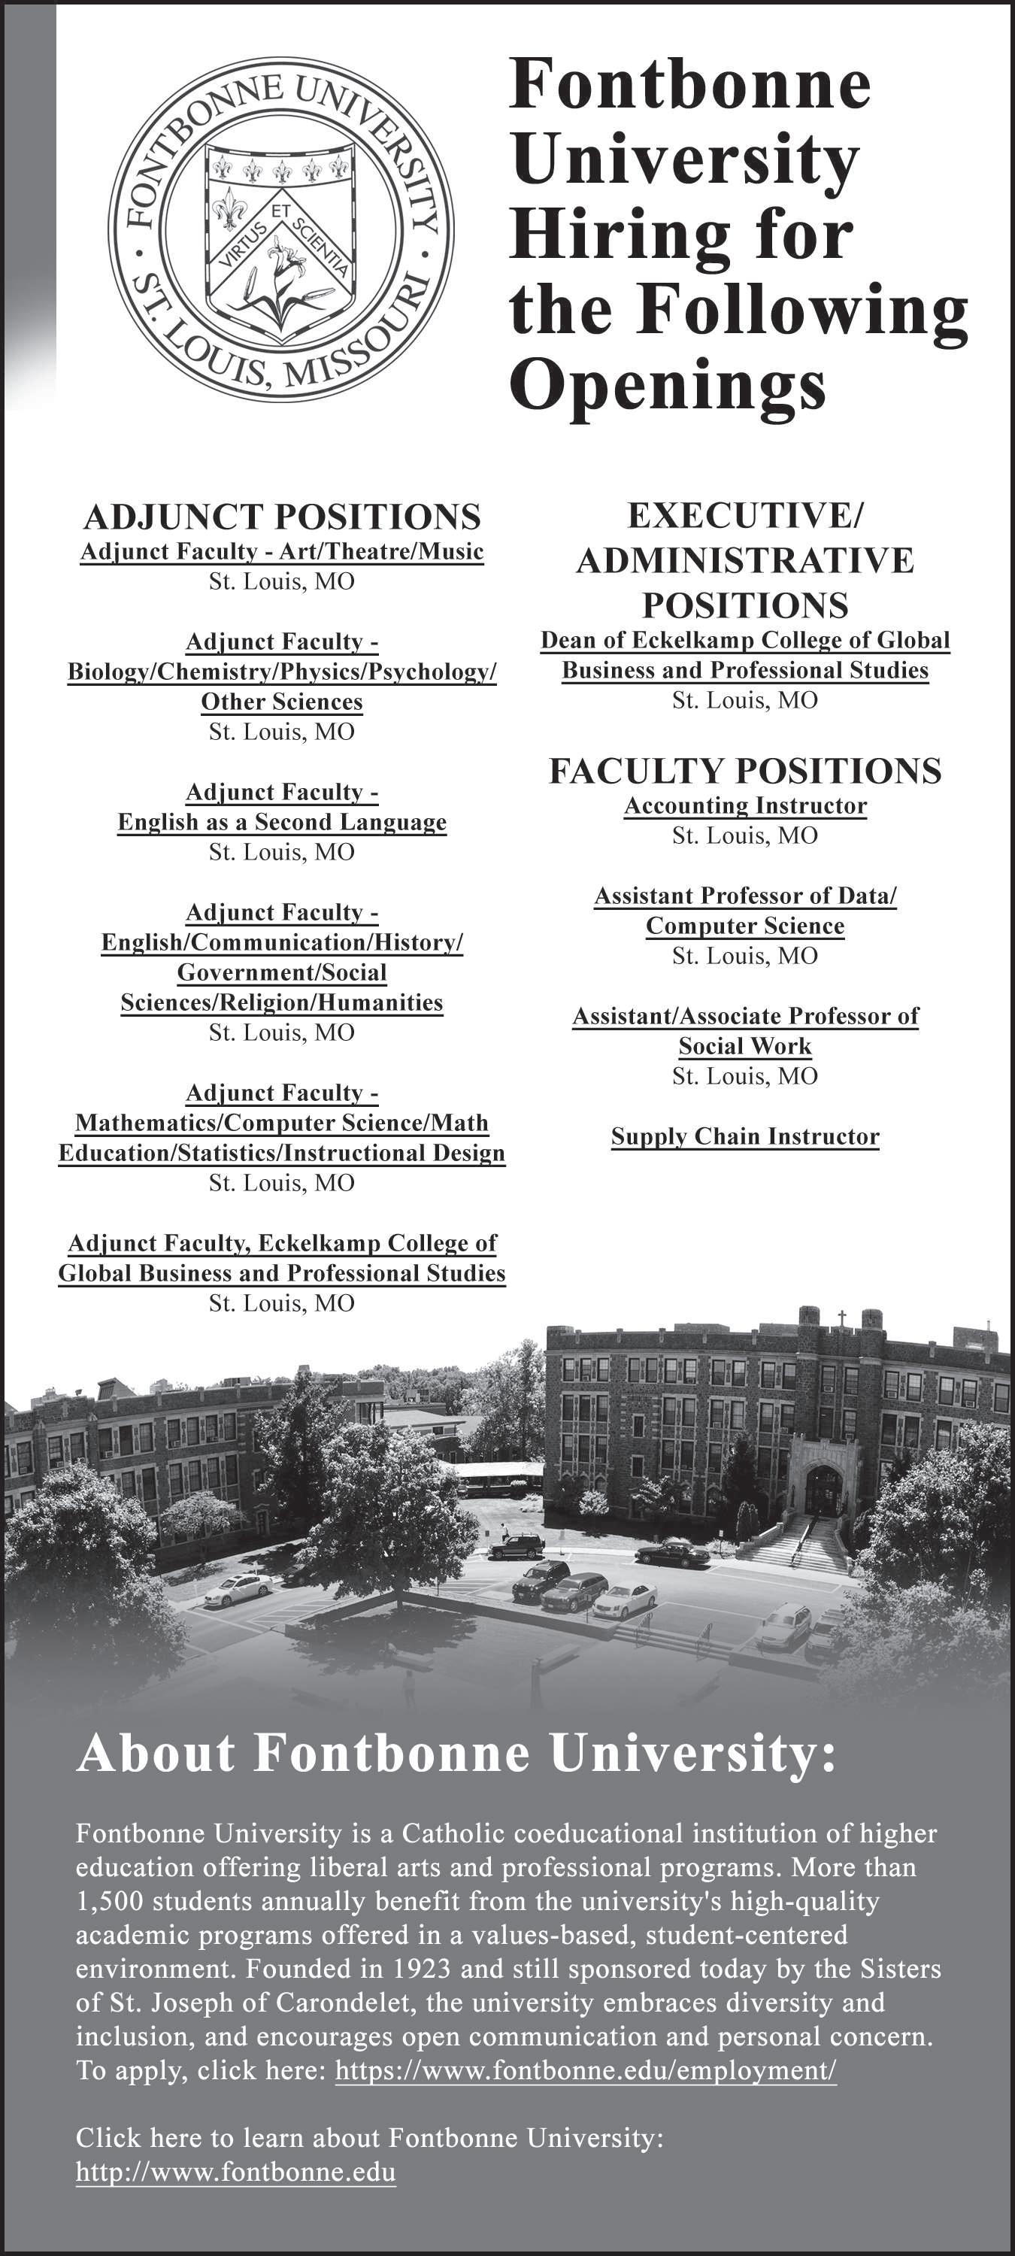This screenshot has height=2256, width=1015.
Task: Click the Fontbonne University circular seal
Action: pyautogui.click(x=280, y=230)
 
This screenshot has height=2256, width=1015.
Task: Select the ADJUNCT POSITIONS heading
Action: pyautogui.click(x=281, y=517)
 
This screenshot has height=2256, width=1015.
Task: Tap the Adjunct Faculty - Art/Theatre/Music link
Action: pyautogui.click(x=281, y=552)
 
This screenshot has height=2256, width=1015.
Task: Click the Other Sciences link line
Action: pyautogui.click(x=281, y=702)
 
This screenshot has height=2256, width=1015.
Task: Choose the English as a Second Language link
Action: pyautogui.click(x=281, y=823)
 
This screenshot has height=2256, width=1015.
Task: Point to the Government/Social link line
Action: pyautogui.click(x=281, y=972)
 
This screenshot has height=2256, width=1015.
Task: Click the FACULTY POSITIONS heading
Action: pyautogui.click(x=744, y=771)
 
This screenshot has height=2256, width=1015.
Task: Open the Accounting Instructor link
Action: pyautogui.click(x=744, y=805)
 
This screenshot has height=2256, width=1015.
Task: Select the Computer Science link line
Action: pyautogui.click(x=744, y=926)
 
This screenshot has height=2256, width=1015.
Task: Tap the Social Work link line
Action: pyautogui.click(x=744, y=1046)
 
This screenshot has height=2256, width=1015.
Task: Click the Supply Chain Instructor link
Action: pyautogui.click(x=744, y=1137)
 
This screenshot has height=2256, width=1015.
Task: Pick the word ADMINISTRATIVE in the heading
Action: pyautogui.click(x=744, y=560)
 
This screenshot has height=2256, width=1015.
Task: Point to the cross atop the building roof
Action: pyautogui.click(x=841, y=1318)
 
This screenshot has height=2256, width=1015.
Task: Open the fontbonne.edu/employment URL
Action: pyautogui.click(x=585, y=2070)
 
